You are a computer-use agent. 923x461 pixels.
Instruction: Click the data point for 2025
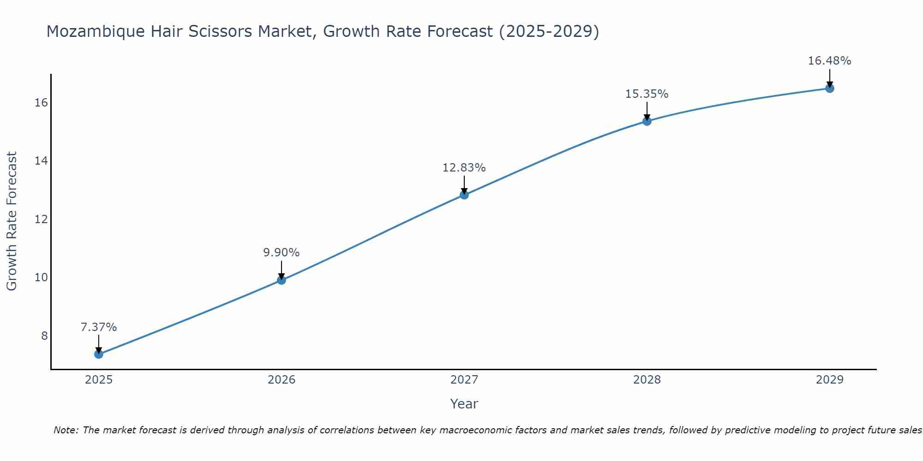(x=99, y=354)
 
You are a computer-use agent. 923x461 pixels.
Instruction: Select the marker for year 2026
(x=282, y=280)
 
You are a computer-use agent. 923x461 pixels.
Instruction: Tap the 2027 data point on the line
(x=464, y=195)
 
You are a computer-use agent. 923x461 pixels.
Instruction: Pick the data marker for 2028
(x=647, y=121)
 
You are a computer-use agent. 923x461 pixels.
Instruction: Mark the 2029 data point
(x=830, y=89)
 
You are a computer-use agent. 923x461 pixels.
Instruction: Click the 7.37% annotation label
(x=99, y=327)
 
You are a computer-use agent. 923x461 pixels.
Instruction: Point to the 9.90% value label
(x=282, y=253)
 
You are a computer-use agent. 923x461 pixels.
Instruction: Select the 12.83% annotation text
(x=464, y=168)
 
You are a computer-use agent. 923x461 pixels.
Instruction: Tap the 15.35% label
(x=647, y=94)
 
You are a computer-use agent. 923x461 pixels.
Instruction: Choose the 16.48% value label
(x=830, y=61)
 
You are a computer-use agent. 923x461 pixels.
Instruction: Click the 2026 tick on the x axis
(x=282, y=380)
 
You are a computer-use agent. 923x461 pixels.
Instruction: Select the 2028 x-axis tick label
(x=647, y=380)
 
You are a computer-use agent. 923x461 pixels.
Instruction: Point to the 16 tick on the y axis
(x=41, y=103)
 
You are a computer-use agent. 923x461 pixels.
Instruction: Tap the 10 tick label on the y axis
(x=41, y=278)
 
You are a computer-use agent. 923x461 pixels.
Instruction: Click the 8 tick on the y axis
(x=44, y=336)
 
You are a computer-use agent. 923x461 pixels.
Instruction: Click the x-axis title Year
(x=464, y=404)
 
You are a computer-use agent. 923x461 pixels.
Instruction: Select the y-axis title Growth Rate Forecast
(x=12, y=221)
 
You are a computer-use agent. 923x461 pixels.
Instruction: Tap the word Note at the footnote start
(x=66, y=431)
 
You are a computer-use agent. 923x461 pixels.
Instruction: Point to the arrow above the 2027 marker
(x=464, y=184)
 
